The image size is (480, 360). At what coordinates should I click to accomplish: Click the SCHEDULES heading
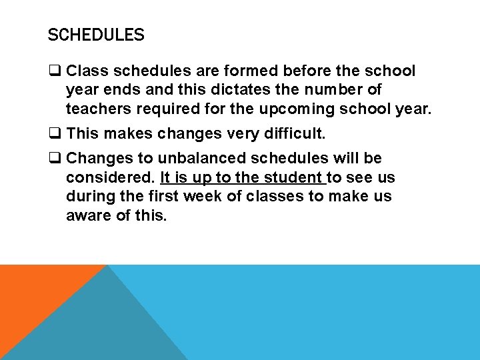click(95, 35)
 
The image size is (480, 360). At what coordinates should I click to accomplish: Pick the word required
click(163, 109)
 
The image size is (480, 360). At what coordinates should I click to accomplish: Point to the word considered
click(111, 178)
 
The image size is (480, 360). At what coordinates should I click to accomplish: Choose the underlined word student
click(293, 178)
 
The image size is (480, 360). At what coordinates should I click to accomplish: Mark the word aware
click(86, 216)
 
